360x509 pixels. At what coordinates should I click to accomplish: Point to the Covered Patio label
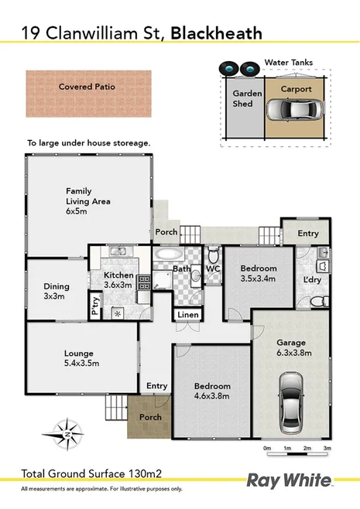[87, 87]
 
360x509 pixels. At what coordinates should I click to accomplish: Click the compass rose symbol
[67, 434]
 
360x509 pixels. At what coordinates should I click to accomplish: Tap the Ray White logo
[288, 480]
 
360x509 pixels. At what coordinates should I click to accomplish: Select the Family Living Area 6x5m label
[87, 200]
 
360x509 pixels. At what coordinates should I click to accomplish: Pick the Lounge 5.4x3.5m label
[81, 358]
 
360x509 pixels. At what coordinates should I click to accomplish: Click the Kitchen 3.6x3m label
[118, 279]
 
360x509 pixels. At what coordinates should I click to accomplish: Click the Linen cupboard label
[188, 315]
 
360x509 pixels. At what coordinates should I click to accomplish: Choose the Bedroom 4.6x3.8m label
[211, 391]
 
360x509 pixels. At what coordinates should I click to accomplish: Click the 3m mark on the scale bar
[327, 449]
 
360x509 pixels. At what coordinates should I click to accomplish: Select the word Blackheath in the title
[216, 32]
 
